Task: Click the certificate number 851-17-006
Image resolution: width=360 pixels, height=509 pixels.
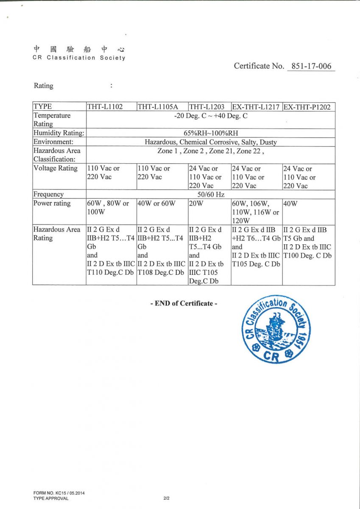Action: (x=311, y=66)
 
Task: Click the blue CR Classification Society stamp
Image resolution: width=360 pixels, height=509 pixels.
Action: (x=276, y=330)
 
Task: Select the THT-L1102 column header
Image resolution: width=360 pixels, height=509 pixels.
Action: (x=105, y=107)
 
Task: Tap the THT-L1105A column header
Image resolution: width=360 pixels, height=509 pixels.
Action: (x=157, y=107)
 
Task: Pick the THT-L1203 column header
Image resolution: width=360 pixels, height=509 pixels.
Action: (x=207, y=107)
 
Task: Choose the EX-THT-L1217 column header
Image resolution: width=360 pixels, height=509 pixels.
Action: (x=256, y=107)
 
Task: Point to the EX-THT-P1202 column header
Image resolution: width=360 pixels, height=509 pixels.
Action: (x=307, y=107)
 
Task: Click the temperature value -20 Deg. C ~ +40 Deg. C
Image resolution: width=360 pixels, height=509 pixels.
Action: (x=211, y=115)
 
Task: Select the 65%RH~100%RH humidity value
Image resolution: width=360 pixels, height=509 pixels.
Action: (x=211, y=133)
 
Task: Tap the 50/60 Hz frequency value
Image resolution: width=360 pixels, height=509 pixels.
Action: (x=211, y=194)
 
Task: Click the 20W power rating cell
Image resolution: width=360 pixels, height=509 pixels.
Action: (x=196, y=203)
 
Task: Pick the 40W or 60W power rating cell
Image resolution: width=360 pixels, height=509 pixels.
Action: (x=156, y=203)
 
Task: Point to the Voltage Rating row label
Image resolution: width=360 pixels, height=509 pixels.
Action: (x=56, y=168)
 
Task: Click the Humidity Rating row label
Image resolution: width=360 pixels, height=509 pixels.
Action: (x=59, y=133)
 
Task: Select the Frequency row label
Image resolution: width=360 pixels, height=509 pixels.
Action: (x=49, y=194)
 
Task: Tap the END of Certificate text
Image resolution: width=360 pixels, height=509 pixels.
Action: (x=184, y=303)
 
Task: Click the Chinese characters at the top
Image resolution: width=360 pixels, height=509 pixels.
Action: (x=79, y=49)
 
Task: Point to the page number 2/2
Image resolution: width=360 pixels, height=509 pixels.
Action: (x=166, y=498)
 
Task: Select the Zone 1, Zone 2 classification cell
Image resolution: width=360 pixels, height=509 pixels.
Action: (x=211, y=151)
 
